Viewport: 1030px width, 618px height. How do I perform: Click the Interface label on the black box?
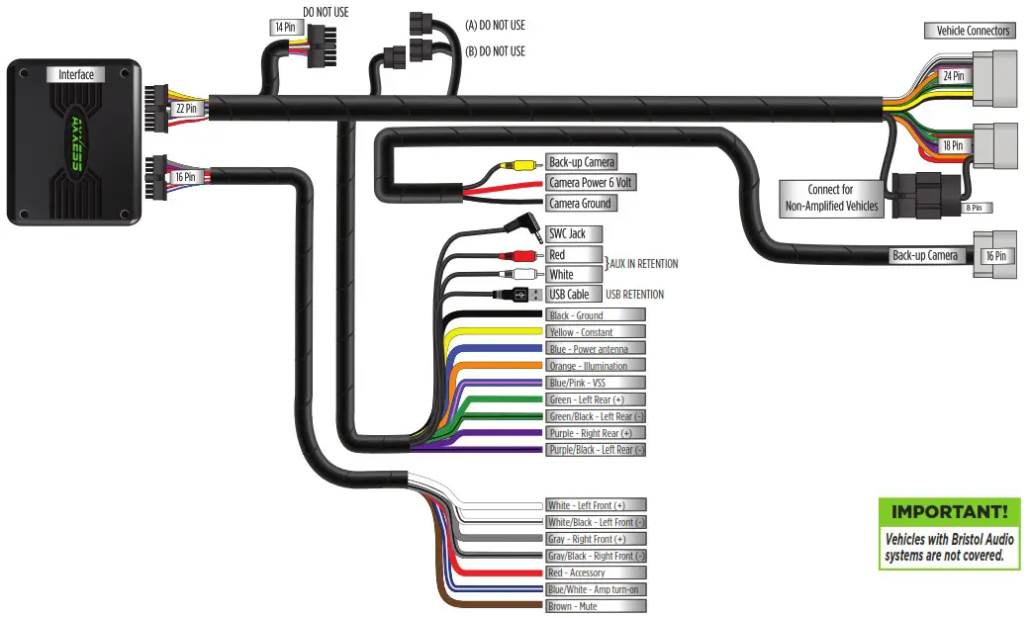(x=75, y=74)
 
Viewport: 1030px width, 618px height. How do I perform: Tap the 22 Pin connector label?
(x=185, y=109)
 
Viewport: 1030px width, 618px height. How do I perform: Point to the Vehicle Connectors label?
(x=974, y=31)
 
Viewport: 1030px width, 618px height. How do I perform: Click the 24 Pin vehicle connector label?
(x=953, y=75)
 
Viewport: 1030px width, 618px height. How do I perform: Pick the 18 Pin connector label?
(x=953, y=145)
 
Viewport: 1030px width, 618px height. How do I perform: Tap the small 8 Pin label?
(x=975, y=208)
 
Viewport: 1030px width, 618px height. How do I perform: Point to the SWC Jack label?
(x=567, y=233)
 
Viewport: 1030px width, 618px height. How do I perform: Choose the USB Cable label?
(x=569, y=294)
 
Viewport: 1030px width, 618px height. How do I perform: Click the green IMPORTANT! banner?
(x=950, y=512)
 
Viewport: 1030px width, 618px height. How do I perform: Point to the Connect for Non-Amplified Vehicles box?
(x=830, y=198)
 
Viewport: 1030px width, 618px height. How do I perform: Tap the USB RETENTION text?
(x=634, y=294)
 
